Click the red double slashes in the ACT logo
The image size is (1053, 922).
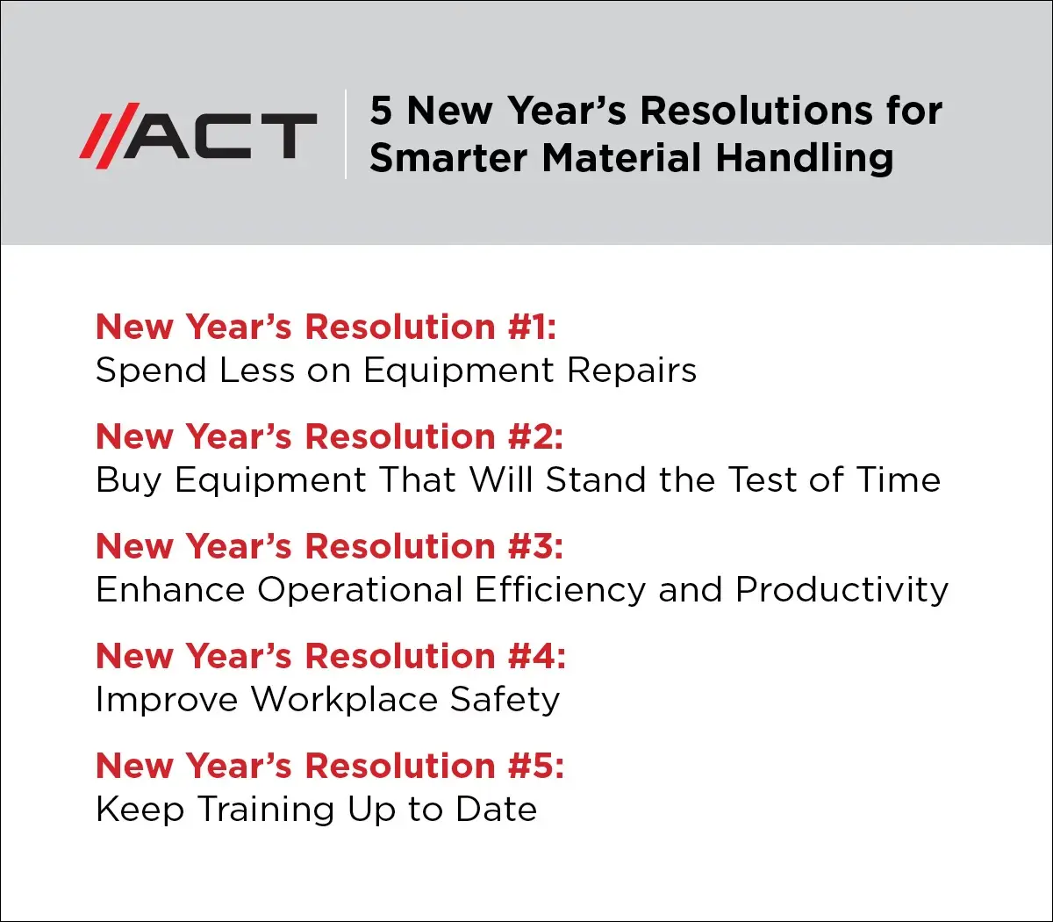(x=110, y=135)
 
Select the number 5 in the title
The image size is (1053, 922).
(x=381, y=111)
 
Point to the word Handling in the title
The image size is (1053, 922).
(x=805, y=159)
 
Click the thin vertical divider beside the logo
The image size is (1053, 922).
(x=346, y=134)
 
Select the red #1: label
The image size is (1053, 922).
(x=532, y=327)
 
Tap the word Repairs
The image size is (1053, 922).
(x=632, y=371)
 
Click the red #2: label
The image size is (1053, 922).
(x=535, y=436)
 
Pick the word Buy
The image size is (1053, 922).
(x=128, y=480)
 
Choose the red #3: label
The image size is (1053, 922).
(x=535, y=546)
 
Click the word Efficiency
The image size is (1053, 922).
(x=560, y=590)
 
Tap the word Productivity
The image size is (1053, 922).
(x=842, y=590)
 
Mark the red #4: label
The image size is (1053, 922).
(x=537, y=656)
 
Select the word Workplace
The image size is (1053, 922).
(x=344, y=700)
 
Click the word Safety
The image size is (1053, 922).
(x=505, y=700)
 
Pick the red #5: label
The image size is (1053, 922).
(x=536, y=766)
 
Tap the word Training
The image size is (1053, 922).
(x=267, y=810)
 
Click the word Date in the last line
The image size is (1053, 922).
(x=497, y=810)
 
